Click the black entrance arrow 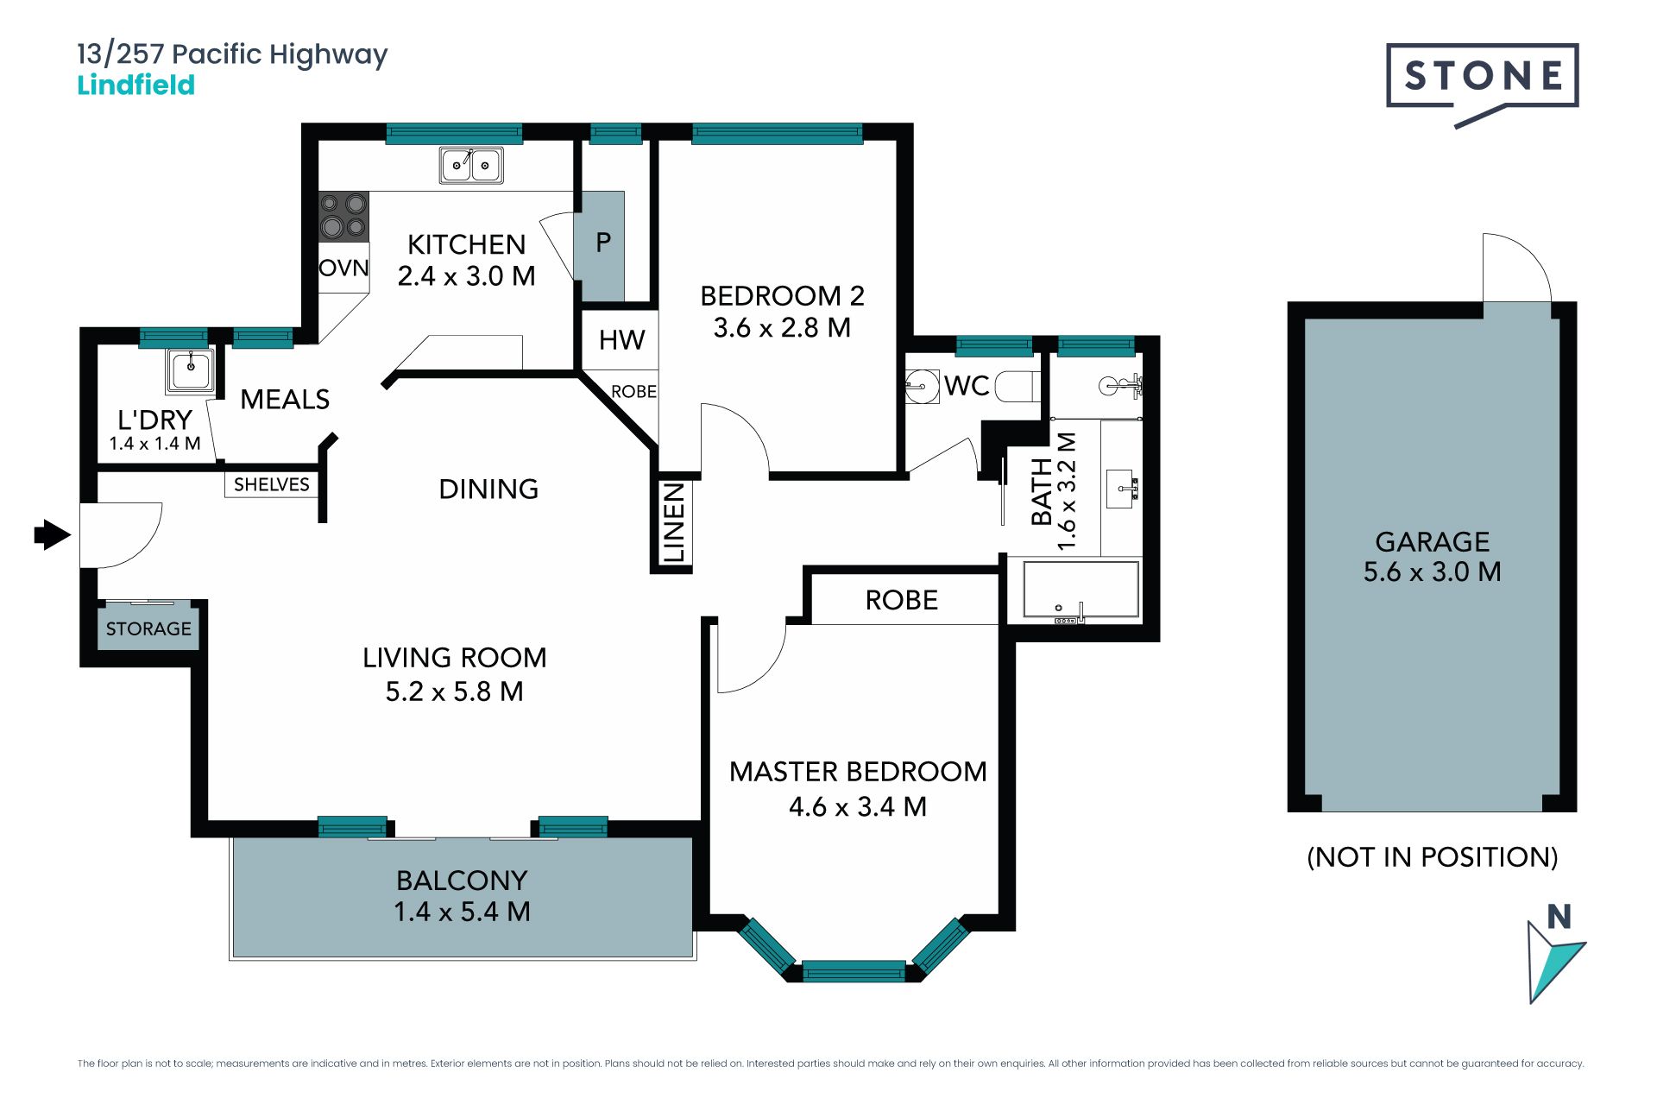[53, 534]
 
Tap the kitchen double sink [471, 165]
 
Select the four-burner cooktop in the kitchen [343, 216]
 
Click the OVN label [343, 268]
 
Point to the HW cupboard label [621, 340]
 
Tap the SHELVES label [271, 484]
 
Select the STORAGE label [148, 628]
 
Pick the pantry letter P [603, 243]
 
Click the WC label [967, 386]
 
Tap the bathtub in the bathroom [1081, 590]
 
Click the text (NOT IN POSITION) [1433, 857]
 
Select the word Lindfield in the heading [136, 85]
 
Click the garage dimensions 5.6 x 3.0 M [1433, 571]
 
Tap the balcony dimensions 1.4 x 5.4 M [462, 912]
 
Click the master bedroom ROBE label [902, 600]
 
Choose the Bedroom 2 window [778, 133]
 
